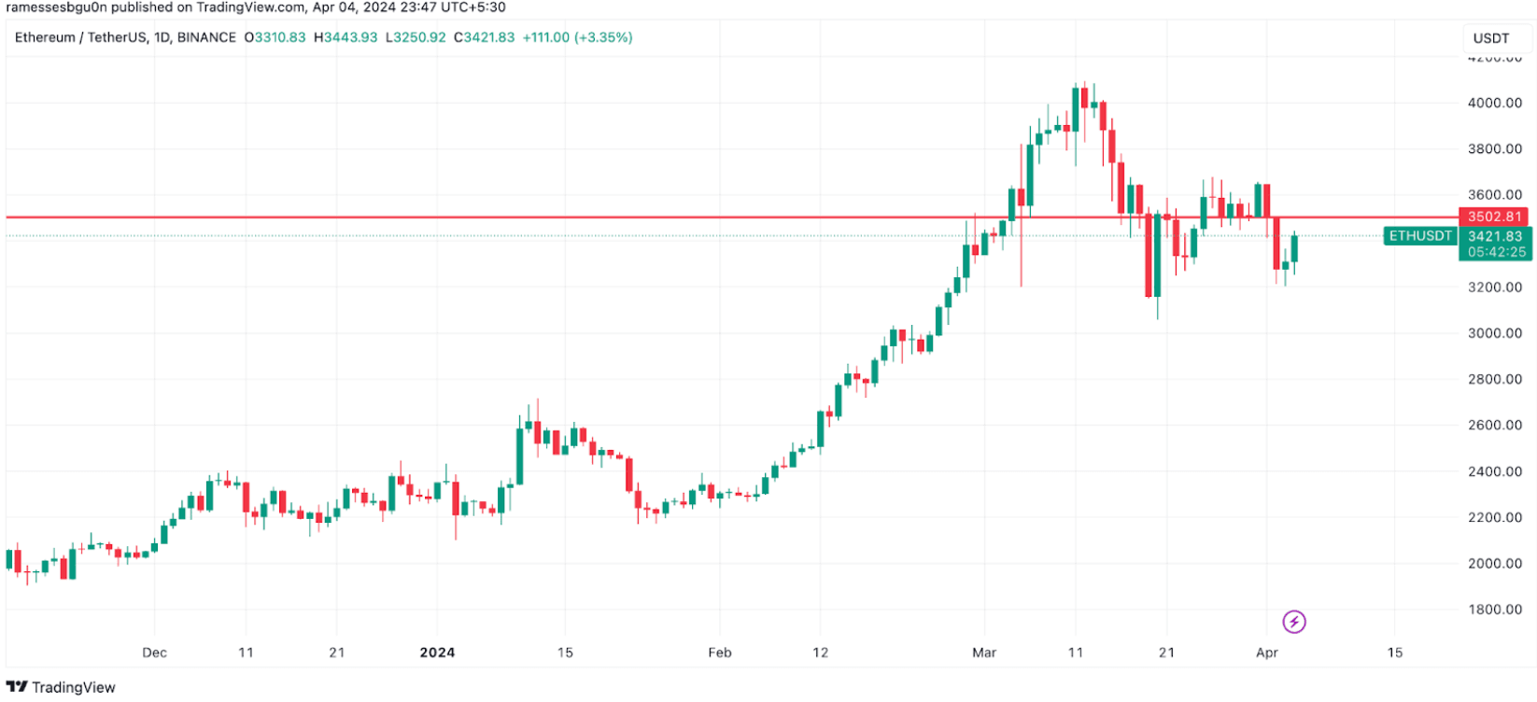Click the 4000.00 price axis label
[1494, 103]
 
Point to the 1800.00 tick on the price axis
[1494, 610]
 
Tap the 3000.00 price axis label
[1494, 333]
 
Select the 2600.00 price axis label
[1494, 425]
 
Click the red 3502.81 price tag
[1494, 217]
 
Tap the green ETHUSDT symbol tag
[1420, 236]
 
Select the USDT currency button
[1490, 38]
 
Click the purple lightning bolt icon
[1293, 622]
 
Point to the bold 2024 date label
[437, 653]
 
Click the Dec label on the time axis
[154, 653]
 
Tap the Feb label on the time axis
[719, 653]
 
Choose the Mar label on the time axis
[984, 653]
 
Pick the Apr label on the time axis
[1266, 653]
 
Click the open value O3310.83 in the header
[275, 37]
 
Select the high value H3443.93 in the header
[345, 37]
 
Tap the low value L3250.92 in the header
[416, 37]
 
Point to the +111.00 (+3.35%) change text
[577, 37]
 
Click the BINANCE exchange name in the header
[206, 37]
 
